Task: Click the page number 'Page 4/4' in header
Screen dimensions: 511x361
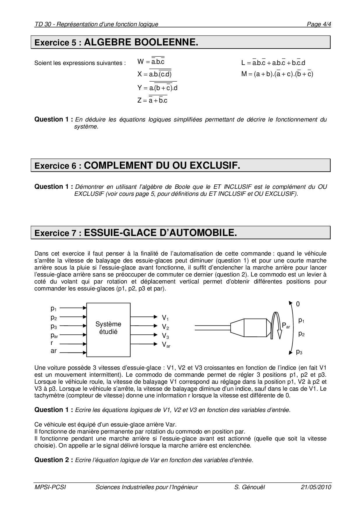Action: point(319,24)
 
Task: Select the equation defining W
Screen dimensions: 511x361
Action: point(151,61)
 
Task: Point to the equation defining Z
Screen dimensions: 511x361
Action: point(152,100)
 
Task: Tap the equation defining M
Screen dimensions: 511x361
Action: point(277,74)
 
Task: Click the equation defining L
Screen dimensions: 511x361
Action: point(273,63)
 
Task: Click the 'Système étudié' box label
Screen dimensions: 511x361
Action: point(108,328)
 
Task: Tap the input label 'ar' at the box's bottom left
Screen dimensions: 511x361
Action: point(54,351)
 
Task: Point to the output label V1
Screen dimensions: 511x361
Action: point(165,318)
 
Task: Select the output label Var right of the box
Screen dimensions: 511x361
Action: point(166,345)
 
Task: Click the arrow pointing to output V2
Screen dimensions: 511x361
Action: point(144,326)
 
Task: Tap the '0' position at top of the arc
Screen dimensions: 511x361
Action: point(298,304)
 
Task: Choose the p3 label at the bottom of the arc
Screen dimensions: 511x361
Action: point(299,352)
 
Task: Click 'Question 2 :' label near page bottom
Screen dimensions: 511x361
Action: point(54,460)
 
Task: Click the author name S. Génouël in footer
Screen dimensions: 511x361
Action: point(249,487)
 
